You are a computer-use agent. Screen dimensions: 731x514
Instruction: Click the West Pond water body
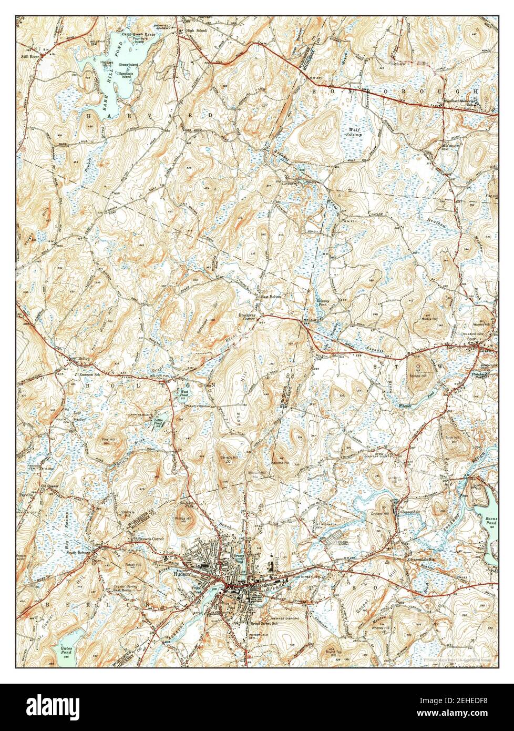pos(184,393)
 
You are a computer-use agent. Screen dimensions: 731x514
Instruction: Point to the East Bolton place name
pos(272,297)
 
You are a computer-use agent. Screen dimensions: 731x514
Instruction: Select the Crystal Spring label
pos(126,586)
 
